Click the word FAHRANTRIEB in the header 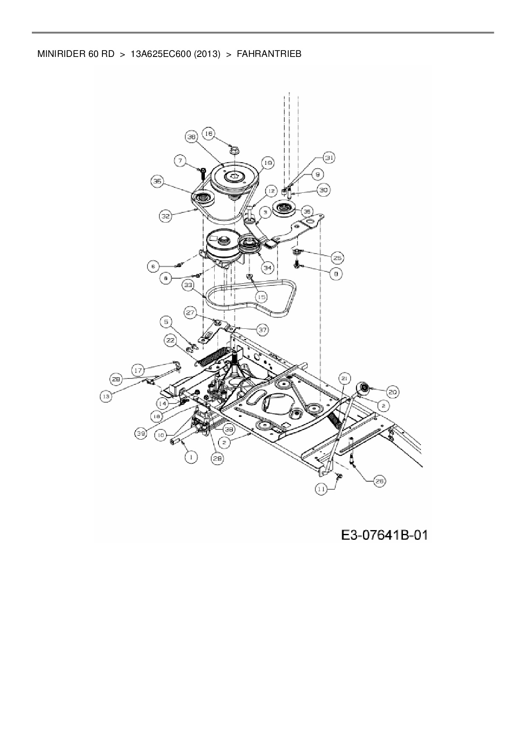tap(269, 54)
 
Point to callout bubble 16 tap(208, 134)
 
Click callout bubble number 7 tap(181, 161)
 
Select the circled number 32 tap(165, 216)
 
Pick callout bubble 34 tap(267, 268)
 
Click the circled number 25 tap(338, 258)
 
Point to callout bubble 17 tap(138, 370)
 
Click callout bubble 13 tap(106, 396)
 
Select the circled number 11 tap(322, 490)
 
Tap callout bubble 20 tap(393, 393)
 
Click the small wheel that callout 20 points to tap(364, 387)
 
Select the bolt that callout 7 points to tap(202, 173)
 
